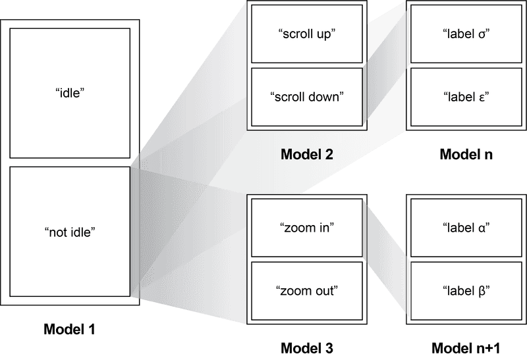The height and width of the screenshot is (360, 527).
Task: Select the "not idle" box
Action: click(70, 232)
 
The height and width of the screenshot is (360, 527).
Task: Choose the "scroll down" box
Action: click(307, 97)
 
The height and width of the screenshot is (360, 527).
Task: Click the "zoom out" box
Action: click(307, 291)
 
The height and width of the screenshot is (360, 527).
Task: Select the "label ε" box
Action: click(466, 97)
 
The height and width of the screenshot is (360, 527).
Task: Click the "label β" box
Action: click(466, 291)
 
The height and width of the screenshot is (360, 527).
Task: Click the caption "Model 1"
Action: click(69, 328)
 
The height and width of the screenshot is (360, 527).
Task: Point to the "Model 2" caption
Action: click(306, 155)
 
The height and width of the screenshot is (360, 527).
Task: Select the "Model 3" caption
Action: click(306, 347)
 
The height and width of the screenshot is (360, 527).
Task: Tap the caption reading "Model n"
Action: click(466, 155)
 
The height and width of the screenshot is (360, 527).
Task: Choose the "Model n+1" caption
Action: click(466, 347)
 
